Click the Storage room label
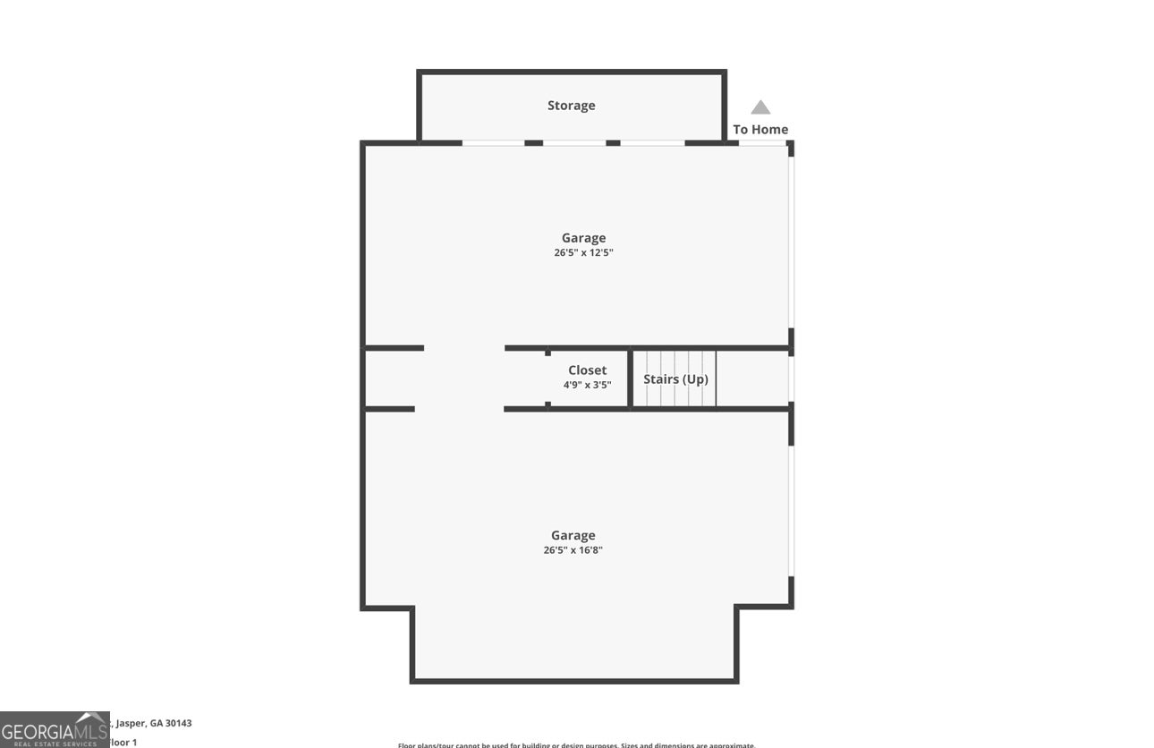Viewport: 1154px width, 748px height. pyautogui.click(x=571, y=106)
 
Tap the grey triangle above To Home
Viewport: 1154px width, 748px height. pyautogui.click(x=760, y=107)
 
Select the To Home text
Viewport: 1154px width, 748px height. pyautogui.click(x=760, y=130)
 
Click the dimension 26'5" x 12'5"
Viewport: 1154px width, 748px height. pyautogui.click(x=583, y=253)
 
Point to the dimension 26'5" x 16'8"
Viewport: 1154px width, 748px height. pyautogui.click(x=573, y=550)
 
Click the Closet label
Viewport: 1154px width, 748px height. pyautogui.click(x=587, y=370)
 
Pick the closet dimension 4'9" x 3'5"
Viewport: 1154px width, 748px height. pyautogui.click(x=587, y=386)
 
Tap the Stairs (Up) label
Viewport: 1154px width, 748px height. pyautogui.click(x=675, y=379)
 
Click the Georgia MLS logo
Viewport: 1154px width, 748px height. pyautogui.click(x=54, y=730)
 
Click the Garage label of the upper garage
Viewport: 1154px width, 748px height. pyautogui.click(x=583, y=238)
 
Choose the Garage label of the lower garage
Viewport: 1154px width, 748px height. pyautogui.click(x=573, y=536)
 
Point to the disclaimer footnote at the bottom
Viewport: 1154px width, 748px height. pyautogui.click(x=576, y=744)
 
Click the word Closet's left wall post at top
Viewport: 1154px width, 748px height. pyautogui.click(x=547, y=352)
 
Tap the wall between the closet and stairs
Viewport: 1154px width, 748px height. pyautogui.click(x=630, y=378)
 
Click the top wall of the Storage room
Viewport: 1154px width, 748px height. pyautogui.click(x=572, y=72)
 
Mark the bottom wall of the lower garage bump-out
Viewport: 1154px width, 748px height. pyautogui.click(x=574, y=681)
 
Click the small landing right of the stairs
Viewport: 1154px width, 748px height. pyautogui.click(x=752, y=378)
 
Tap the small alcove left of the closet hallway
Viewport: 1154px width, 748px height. pyautogui.click(x=390, y=378)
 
